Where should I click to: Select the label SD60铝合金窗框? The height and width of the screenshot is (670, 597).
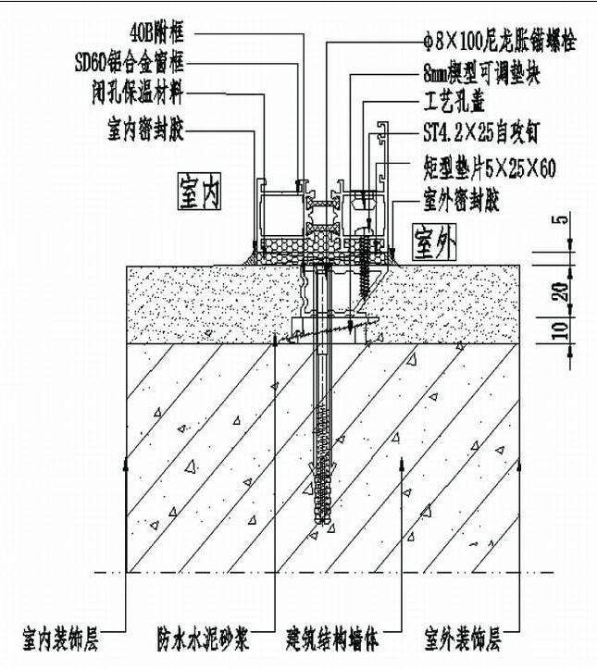coord(132,64)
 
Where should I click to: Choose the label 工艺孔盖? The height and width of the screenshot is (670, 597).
coord(454,96)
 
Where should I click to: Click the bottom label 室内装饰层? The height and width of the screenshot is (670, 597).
coord(62,638)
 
